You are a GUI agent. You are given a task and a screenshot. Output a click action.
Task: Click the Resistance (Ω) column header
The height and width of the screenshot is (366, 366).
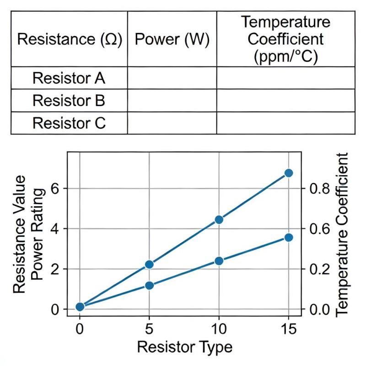[70, 39]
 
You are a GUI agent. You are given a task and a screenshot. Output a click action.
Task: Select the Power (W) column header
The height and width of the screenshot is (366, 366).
[172, 39]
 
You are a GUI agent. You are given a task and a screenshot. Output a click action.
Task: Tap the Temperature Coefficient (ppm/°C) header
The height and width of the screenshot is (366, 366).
[285, 39]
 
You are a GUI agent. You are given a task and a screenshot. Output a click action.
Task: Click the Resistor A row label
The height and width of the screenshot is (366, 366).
[69, 78]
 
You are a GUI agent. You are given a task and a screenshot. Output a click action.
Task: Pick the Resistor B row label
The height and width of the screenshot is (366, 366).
[69, 100]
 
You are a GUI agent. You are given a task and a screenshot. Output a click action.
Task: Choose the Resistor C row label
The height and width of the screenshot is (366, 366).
[69, 123]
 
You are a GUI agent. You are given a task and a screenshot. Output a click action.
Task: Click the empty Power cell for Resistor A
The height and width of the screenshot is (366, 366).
[172, 78]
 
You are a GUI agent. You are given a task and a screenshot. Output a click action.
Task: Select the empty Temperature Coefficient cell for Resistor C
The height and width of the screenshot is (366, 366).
[285, 123]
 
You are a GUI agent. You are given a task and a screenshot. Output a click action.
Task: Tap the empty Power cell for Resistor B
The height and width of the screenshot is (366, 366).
[172, 100]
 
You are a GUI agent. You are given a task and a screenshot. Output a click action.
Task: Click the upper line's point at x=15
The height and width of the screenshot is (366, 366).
[289, 173]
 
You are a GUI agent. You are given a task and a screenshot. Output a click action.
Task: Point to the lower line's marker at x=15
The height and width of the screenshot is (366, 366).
[289, 237]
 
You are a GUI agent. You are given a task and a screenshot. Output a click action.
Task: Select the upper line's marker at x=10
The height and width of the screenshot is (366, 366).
[219, 220]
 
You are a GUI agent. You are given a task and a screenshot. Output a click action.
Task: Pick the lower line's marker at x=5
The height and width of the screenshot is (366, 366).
[149, 285]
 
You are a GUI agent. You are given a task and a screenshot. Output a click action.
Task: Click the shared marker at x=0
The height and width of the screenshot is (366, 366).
[80, 307]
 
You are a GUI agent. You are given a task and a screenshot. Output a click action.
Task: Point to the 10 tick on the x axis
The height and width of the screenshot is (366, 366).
[219, 328]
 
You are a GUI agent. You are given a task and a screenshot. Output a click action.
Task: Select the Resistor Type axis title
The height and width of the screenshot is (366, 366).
[184, 347]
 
